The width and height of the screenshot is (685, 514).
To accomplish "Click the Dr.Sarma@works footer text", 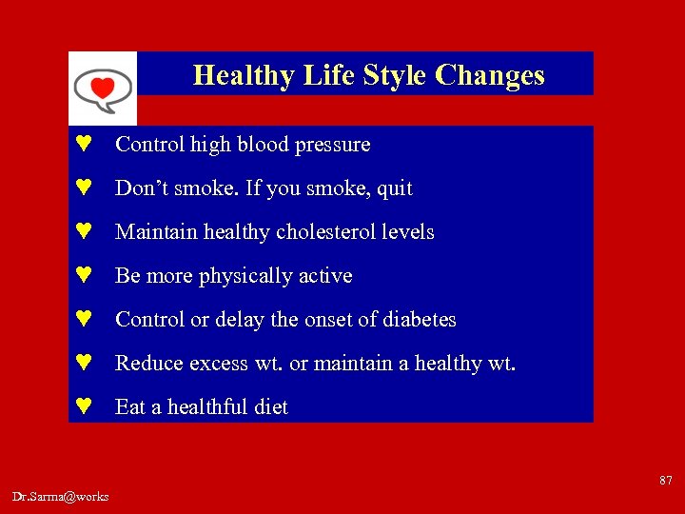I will [x=61, y=496].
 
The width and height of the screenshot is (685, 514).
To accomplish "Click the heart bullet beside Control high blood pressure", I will [x=84, y=145].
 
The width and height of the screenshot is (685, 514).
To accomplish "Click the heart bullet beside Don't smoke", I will [x=84, y=188].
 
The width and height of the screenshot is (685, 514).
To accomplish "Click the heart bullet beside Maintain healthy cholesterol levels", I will [x=84, y=232].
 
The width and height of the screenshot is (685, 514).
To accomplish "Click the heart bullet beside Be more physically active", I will [x=84, y=276].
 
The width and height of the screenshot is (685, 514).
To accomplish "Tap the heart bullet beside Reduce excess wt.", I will [x=84, y=364].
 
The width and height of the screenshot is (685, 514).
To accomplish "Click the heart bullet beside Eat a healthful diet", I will [x=84, y=407].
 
